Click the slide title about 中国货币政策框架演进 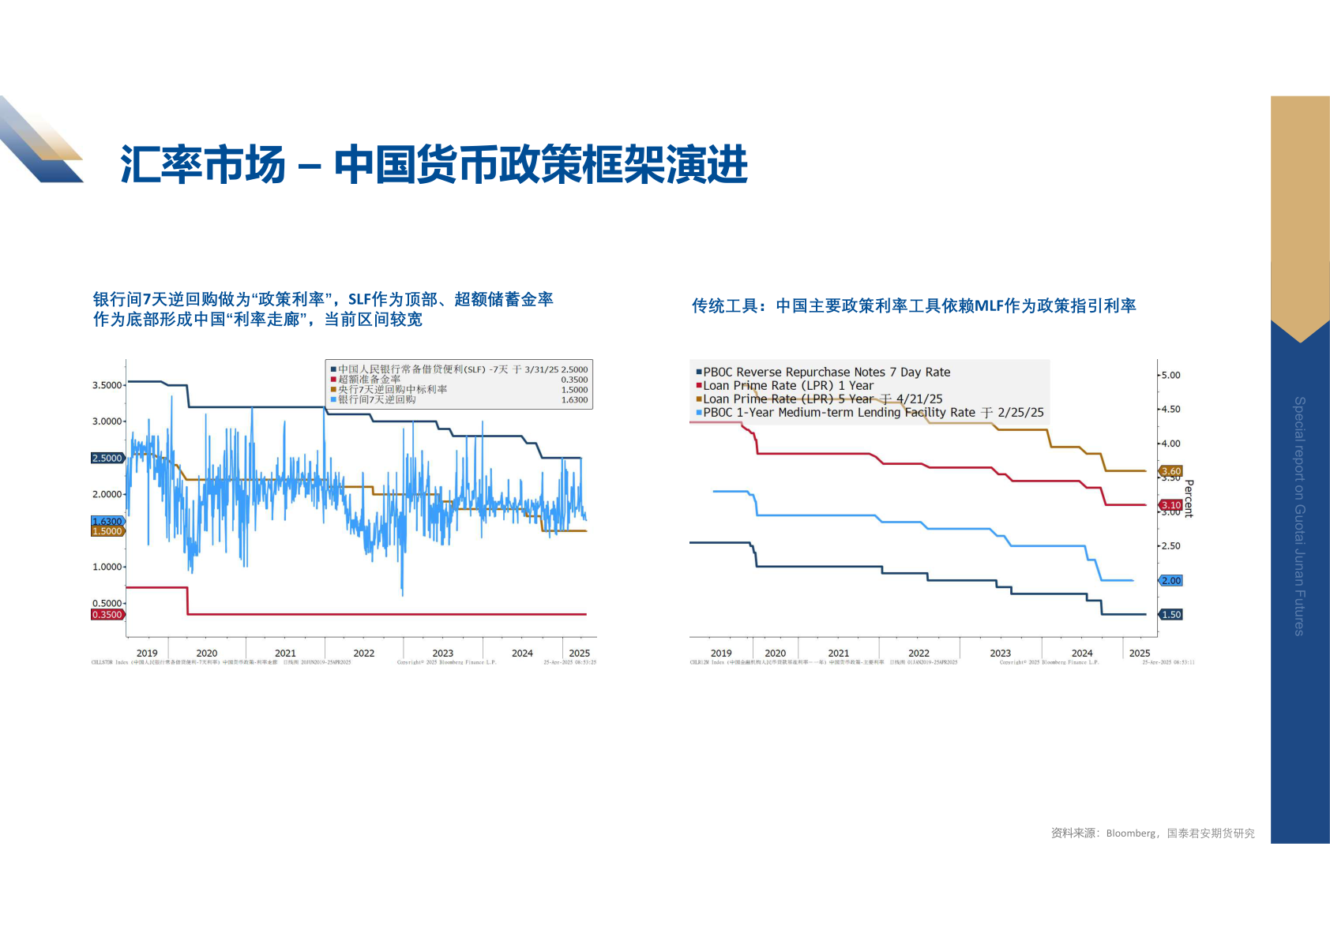tap(434, 164)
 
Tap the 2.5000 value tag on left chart tap(107, 458)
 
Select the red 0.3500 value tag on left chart tap(107, 615)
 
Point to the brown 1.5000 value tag tap(107, 531)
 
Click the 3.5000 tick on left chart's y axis tap(107, 385)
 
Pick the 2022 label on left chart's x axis tap(364, 654)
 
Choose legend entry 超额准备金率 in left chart tap(369, 380)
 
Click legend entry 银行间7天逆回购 tap(377, 400)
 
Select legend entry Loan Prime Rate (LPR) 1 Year tap(788, 386)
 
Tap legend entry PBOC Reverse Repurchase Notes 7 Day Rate tap(826, 373)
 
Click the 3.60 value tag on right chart tap(1170, 471)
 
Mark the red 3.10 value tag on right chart tap(1170, 505)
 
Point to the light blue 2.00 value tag tap(1170, 581)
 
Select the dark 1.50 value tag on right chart tap(1170, 615)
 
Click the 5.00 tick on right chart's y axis tap(1170, 376)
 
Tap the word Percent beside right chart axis tap(1189, 498)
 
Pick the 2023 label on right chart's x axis tap(1000, 654)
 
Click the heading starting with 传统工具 tap(914, 306)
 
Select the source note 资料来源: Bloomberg tap(1152, 833)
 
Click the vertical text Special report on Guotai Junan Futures tap(1299, 515)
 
